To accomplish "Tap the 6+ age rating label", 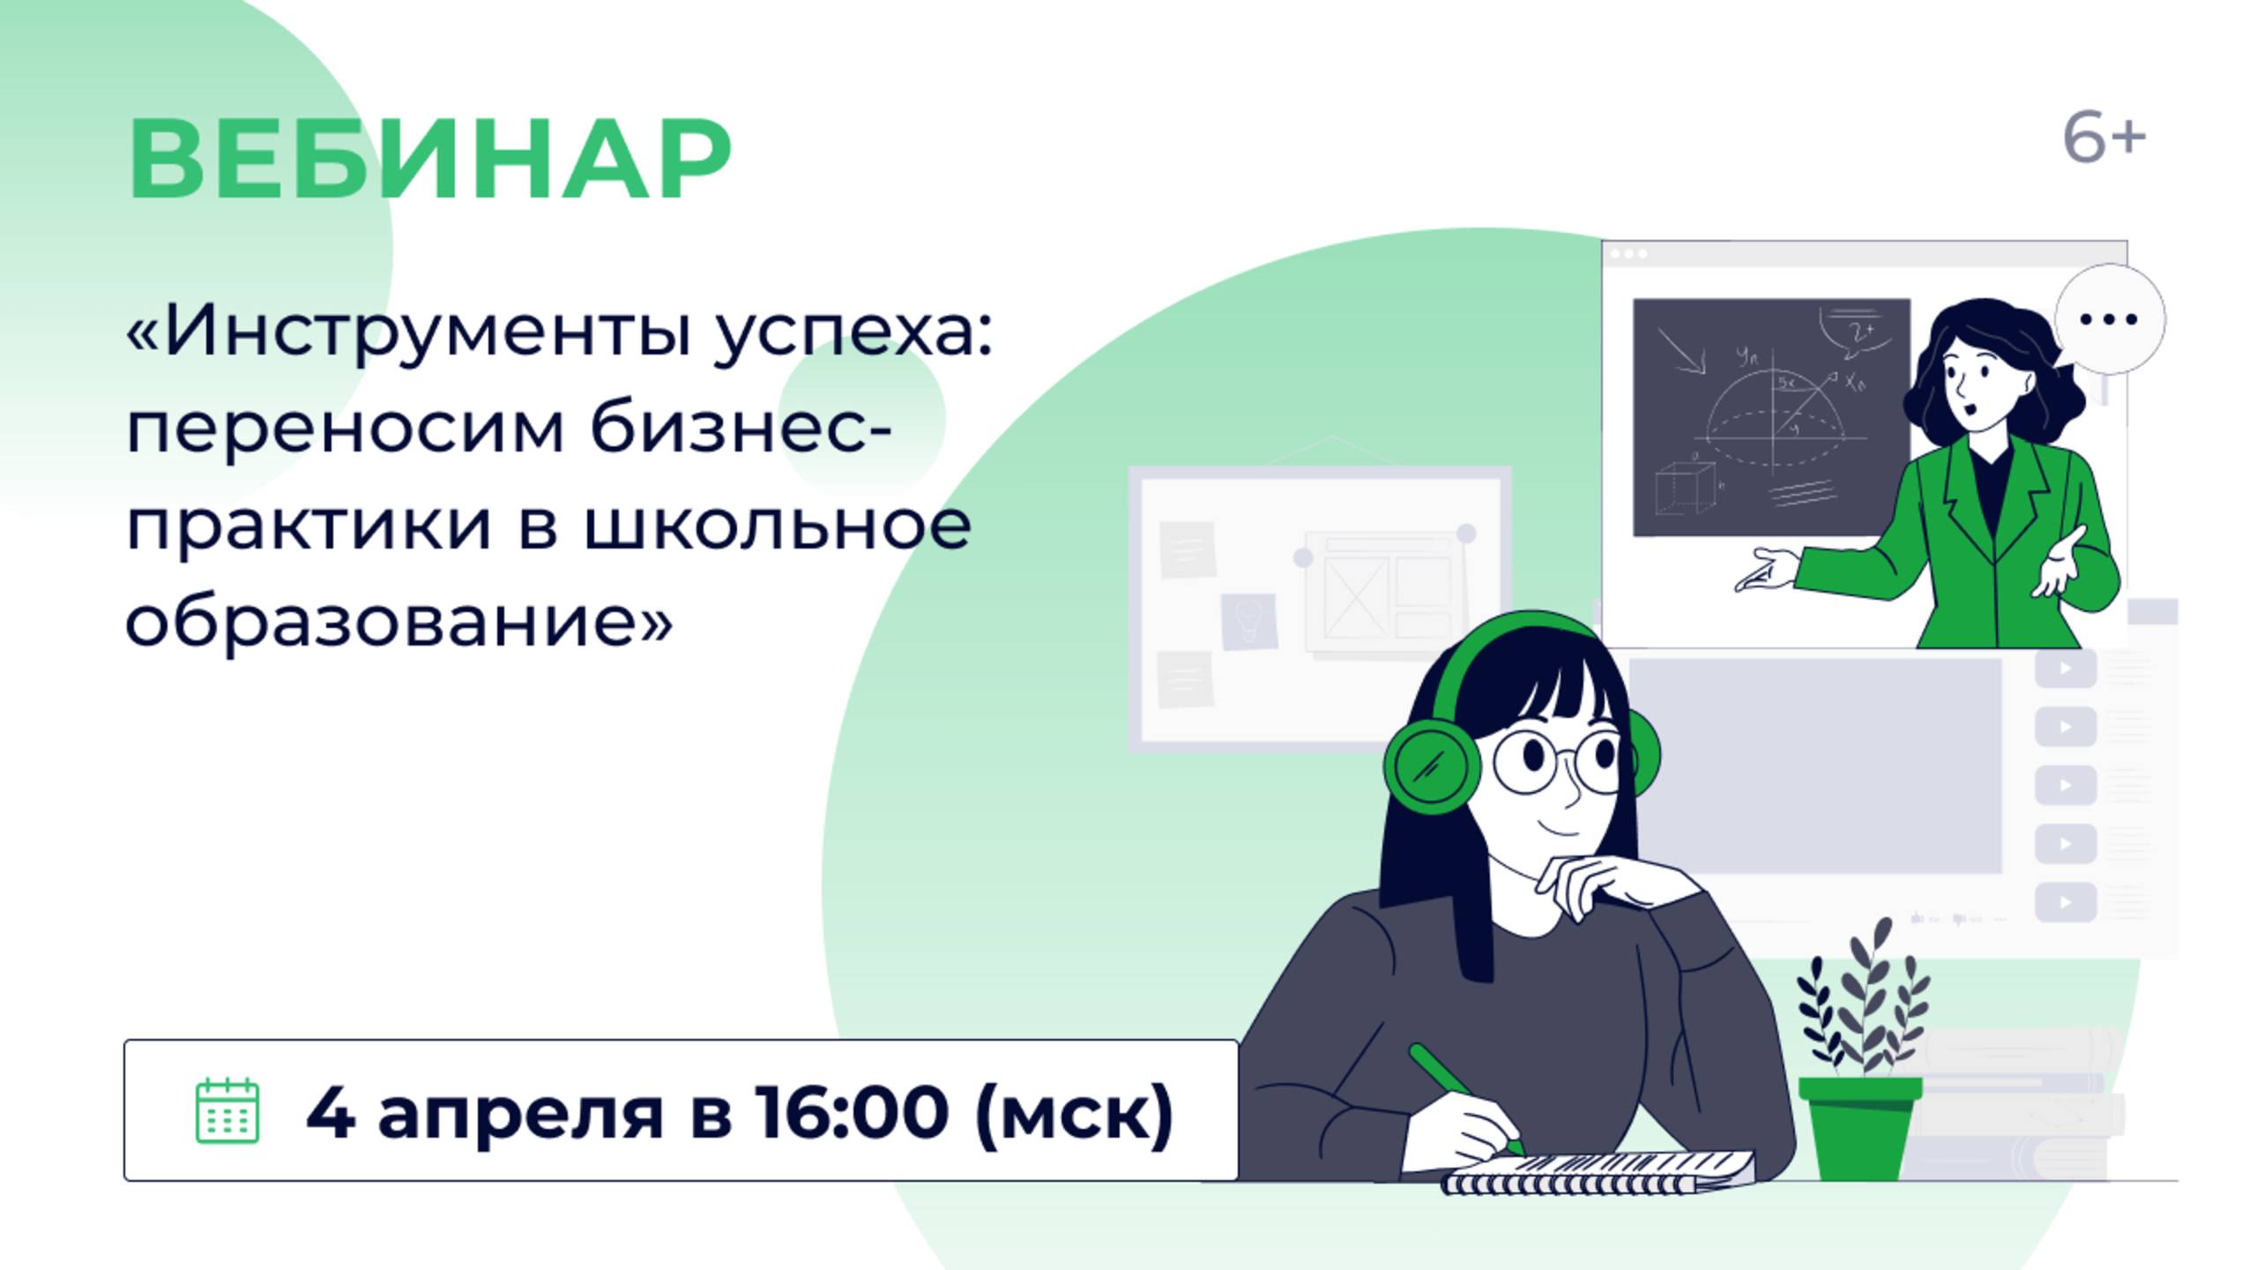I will [x=2104, y=139].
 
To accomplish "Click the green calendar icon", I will [x=227, y=1110].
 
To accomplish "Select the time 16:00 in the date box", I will [x=852, y=1112].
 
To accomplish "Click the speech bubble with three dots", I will [x=2109, y=319].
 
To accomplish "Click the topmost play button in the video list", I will [x=2065, y=668].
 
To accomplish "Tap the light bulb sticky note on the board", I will [x=1249, y=621].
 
